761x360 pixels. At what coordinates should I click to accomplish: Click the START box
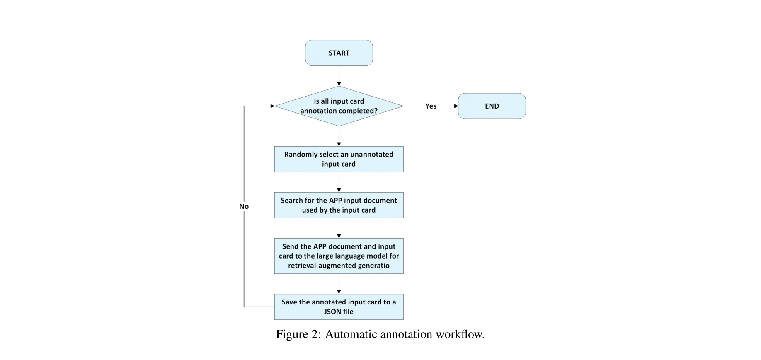[x=339, y=53]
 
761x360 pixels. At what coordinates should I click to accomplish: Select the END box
[x=492, y=106]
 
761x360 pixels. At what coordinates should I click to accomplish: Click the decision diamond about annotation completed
[x=339, y=106]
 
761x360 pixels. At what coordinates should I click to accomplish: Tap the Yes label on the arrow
[x=431, y=106]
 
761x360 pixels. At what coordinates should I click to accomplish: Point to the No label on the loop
[x=244, y=206]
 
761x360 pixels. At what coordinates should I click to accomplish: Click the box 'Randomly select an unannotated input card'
[x=339, y=159]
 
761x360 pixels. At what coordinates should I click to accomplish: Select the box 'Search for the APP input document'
[x=339, y=205]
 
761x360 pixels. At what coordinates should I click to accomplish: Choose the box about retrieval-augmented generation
[x=339, y=256]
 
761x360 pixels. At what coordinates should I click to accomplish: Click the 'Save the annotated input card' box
[x=339, y=307]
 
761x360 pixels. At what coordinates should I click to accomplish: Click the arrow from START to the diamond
[x=339, y=76]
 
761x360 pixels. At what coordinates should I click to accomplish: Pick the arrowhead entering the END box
[x=456, y=106]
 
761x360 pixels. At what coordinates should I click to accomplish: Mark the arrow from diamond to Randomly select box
[x=339, y=136]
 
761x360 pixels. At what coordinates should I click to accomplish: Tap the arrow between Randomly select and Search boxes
[x=339, y=182]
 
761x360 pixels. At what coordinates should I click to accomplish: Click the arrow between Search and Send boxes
[x=339, y=228]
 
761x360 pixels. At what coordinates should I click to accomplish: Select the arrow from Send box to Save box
[x=339, y=284]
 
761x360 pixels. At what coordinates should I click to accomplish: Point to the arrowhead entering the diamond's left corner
[x=272, y=106]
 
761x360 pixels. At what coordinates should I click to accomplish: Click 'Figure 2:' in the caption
[x=298, y=334]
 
